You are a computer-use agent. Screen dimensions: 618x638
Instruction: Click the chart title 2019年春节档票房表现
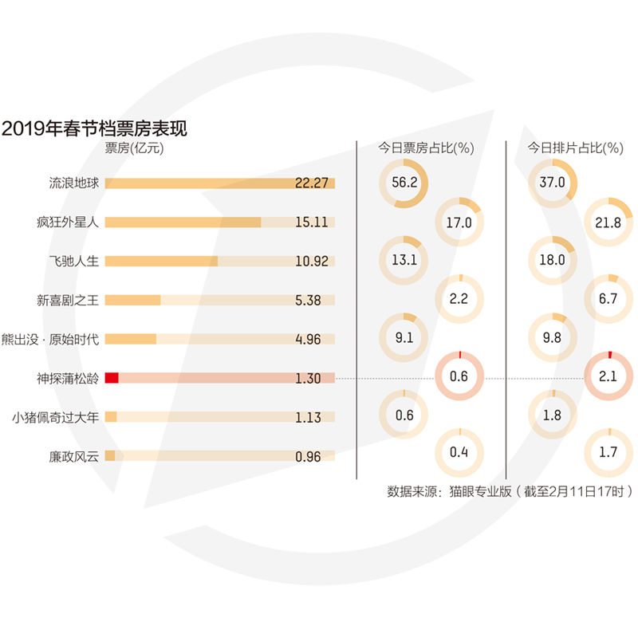coord(94,128)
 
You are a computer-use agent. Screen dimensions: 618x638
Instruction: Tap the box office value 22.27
coord(312,183)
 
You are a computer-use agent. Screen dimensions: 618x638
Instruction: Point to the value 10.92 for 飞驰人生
coord(312,261)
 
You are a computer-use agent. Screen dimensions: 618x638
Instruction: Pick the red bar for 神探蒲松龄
coord(112,378)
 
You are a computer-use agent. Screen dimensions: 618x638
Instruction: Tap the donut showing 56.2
coord(404,183)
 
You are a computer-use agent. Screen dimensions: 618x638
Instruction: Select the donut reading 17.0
coord(459,222)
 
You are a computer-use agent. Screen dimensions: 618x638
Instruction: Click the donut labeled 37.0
coord(552,183)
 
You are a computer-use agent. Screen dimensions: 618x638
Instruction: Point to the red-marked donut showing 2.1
coord(608,376)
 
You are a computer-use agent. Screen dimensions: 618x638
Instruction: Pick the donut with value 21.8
coord(608,222)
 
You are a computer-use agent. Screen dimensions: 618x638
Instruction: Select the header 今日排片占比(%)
coord(576,148)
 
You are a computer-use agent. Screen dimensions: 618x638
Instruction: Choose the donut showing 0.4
coord(459,452)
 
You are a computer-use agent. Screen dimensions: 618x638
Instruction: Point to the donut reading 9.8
coord(552,337)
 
